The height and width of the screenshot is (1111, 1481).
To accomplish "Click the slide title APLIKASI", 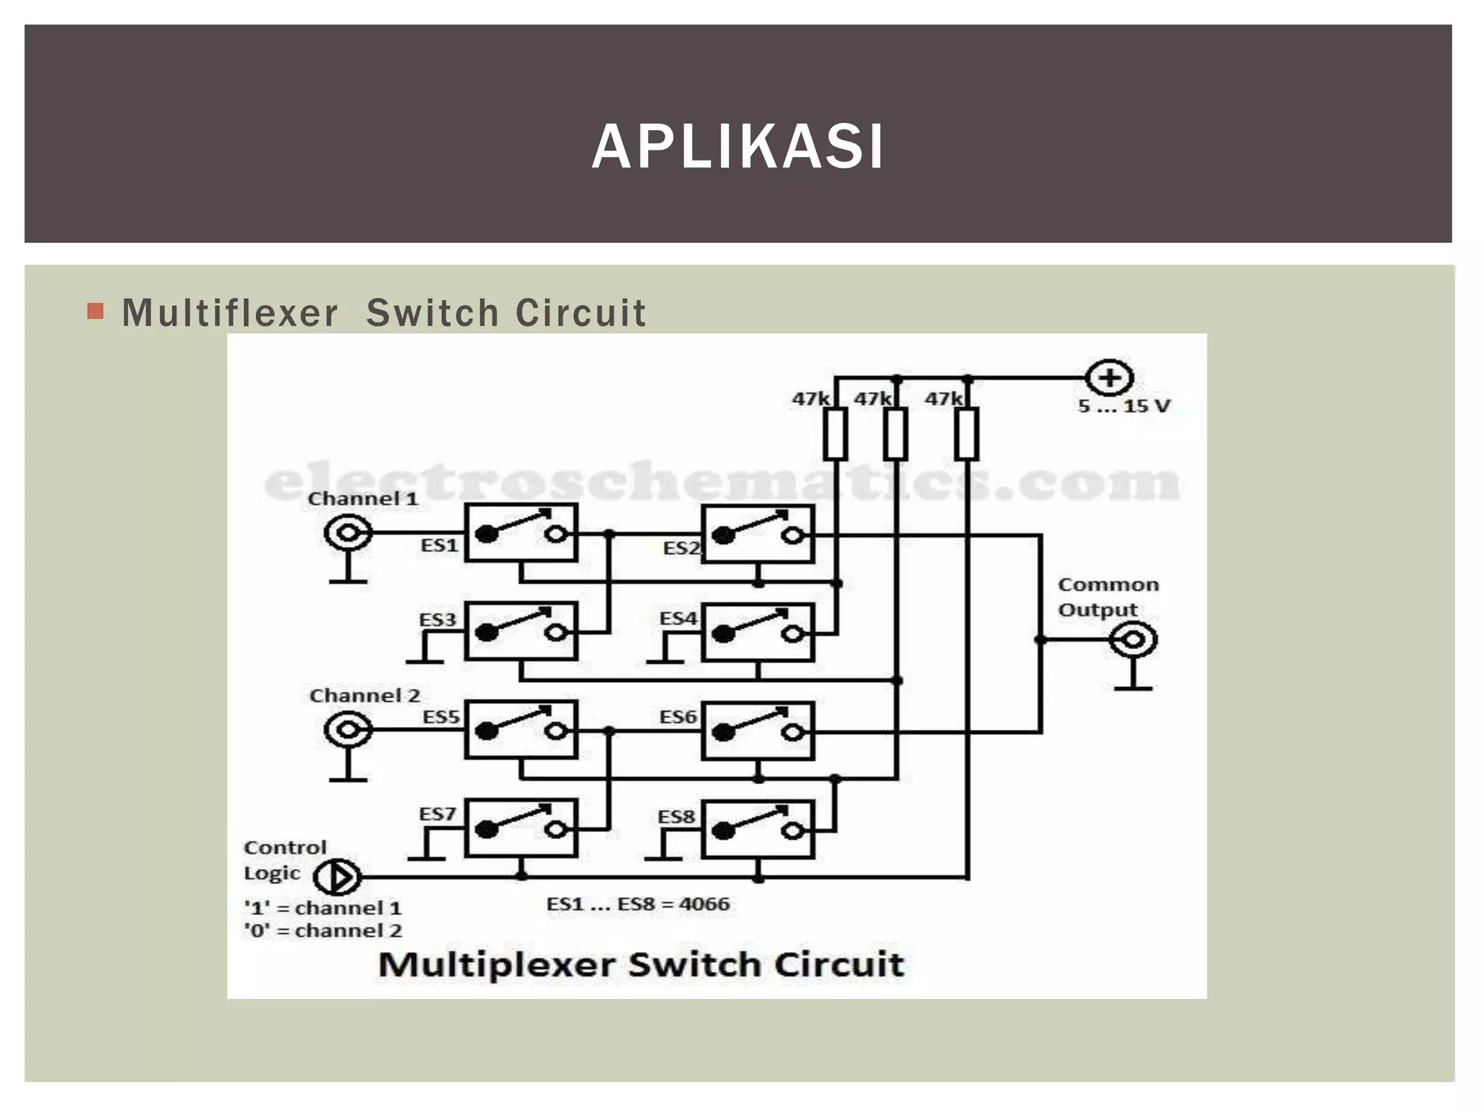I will pos(738,147).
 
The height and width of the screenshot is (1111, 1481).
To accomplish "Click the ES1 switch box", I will pos(521,533).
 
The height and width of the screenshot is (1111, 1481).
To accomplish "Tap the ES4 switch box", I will pos(758,633).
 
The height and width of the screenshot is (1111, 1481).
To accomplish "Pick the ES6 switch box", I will pos(758,731).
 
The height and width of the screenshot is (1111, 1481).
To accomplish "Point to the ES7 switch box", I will pos(521,828).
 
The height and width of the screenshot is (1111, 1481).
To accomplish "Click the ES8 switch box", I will pos(758,830).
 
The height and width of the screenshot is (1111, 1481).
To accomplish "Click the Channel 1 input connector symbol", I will pos(348,533).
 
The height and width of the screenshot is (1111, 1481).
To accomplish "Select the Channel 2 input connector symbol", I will pos(348,730).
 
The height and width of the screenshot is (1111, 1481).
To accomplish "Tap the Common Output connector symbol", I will pos(1133,640).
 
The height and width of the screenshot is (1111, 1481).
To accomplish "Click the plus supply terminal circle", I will pos(1109,378).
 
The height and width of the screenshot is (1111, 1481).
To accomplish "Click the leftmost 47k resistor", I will pos(835,433).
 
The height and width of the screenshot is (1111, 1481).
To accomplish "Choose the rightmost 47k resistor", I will pos(967,433).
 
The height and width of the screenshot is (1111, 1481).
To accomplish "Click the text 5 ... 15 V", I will pos(1124,406).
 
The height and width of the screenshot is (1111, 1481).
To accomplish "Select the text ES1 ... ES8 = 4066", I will pos(638,904).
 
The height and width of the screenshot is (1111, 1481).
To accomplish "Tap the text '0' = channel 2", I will pos(323,930).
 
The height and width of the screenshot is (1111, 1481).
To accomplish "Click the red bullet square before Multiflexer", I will pos(95,311).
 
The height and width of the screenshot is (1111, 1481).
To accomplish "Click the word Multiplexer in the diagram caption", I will pos(496,965).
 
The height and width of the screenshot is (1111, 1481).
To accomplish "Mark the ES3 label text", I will pos(438,620).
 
